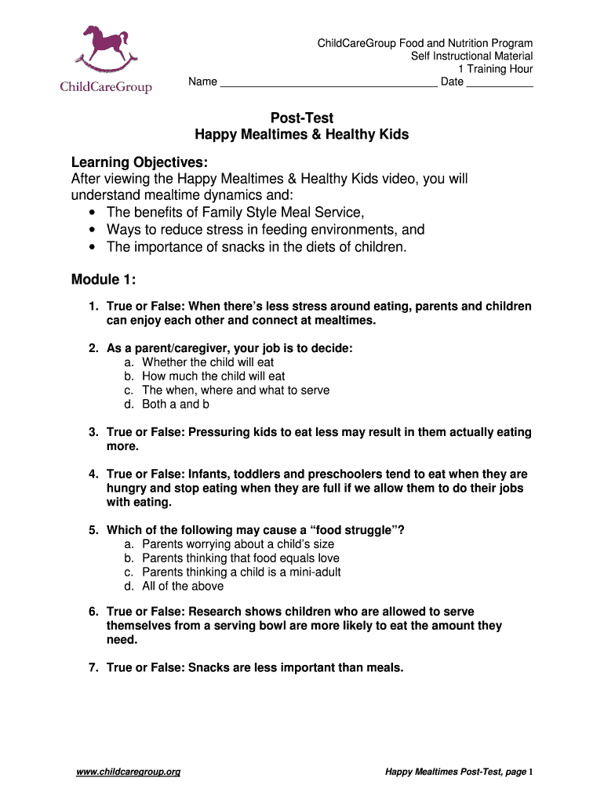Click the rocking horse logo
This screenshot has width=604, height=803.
tap(105, 49)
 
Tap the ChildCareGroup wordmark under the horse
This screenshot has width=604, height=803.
tap(106, 86)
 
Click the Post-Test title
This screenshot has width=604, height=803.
tap(302, 118)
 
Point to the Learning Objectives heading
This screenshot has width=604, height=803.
tap(140, 162)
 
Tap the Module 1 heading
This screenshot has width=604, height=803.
tap(104, 280)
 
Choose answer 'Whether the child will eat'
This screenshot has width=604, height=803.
tap(208, 362)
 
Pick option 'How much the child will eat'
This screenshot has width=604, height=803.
tap(213, 376)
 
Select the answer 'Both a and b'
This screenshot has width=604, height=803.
tap(176, 405)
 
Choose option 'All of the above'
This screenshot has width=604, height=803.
tap(183, 587)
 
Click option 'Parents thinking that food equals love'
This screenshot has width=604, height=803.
tap(241, 558)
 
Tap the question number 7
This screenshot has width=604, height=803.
tap(92, 668)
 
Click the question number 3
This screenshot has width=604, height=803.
tap(92, 432)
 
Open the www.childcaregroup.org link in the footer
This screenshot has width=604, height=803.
tap(129, 772)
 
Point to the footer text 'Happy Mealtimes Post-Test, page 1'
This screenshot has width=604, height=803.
tap(459, 772)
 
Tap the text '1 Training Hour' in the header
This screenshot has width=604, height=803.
tap(495, 69)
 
